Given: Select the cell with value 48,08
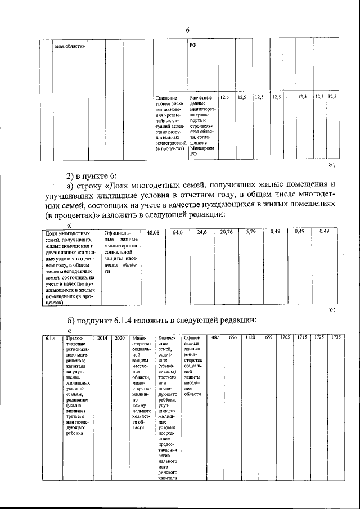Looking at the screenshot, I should click(x=153, y=232).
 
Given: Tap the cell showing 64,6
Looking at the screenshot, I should click(x=178, y=232).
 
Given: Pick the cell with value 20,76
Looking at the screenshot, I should click(x=227, y=232).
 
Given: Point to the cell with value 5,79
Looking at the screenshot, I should click(x=251, y=232).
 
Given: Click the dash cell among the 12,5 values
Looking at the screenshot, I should click(x=286, y=98).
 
